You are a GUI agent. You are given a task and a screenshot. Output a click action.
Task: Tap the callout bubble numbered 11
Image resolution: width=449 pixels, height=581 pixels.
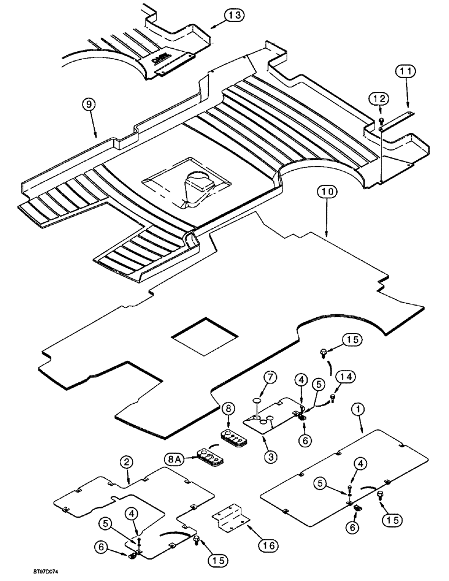coord(407,72)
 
